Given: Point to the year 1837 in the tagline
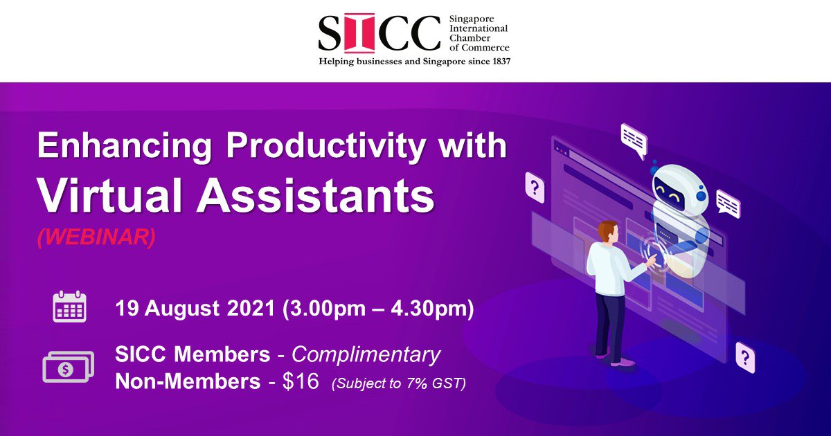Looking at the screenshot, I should (497, 61).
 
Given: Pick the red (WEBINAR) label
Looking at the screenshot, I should (97, 236).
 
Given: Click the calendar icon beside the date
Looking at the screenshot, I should (69, 307).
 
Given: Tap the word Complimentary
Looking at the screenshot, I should (366, 354).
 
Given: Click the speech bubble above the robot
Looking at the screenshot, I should (634, 139).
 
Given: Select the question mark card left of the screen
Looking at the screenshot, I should (535, 186).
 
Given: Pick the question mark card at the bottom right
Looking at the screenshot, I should (745, 357).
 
